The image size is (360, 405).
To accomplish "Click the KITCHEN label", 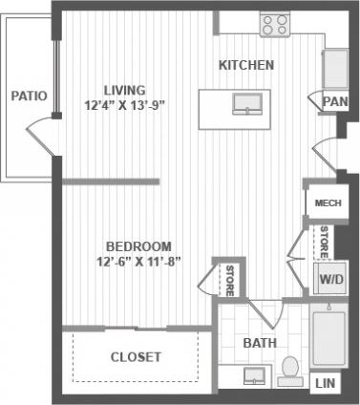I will tap(246, 66).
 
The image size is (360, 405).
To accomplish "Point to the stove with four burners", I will tap(276, 25).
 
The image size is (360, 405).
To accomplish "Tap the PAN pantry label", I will tap(334, 100).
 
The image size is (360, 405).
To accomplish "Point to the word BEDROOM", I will tap(138, 245).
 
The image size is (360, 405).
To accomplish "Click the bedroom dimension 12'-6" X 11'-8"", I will tap(139, 261).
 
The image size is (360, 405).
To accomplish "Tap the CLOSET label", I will tap(135, 357).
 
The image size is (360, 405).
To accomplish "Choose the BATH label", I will tap(259, 342).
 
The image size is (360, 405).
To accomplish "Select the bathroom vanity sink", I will tap(255, 376).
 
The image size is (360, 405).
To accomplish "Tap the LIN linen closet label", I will tap(325, 383).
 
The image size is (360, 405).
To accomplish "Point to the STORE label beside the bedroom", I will tap(230, 281).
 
